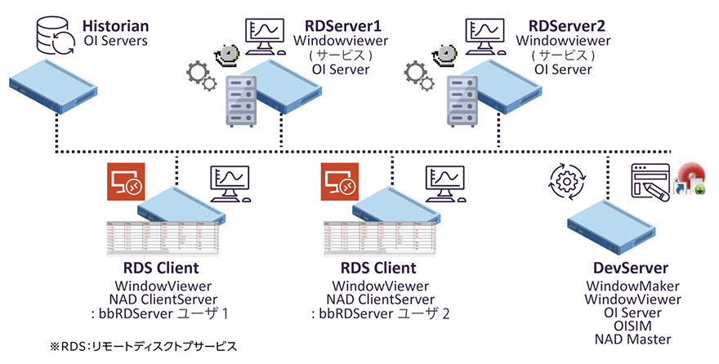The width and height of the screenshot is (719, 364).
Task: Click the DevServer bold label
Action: [629, 269]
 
